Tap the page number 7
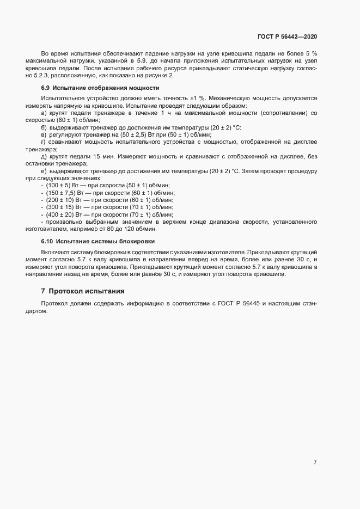315,462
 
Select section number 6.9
45,88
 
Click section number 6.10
47,241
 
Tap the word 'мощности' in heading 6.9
144,88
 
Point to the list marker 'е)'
44,171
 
